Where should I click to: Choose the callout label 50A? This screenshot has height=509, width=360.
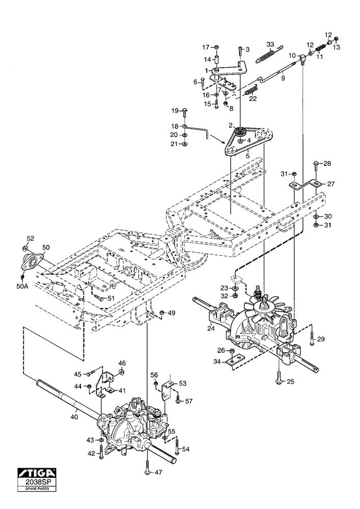[x=22, y=286]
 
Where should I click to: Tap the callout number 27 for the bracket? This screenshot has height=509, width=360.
[x=330, y=184]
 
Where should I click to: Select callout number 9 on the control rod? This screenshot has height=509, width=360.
[x=283, y=77]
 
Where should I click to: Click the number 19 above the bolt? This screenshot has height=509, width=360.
[x=174, y=110]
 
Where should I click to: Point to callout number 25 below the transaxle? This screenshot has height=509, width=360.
[x=291, y=381]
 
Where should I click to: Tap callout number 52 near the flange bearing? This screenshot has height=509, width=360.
[x=30, y=238]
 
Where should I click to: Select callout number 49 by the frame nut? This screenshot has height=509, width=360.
[x=172, y=313]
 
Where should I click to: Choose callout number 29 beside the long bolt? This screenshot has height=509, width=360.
[x=320, y=339]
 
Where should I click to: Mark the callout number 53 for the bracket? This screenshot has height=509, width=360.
[x=182, y=383]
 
